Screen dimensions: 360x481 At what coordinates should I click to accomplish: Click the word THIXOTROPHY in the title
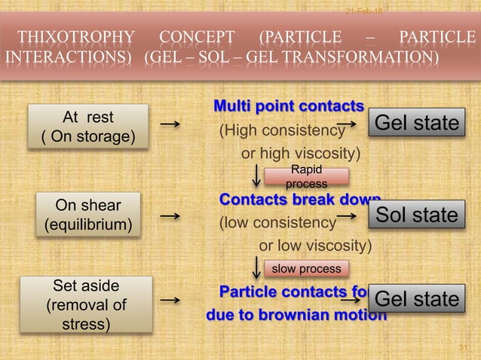(x=76, y=37)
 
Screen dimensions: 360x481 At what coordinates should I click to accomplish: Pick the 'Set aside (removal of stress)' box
(x=87, y=305)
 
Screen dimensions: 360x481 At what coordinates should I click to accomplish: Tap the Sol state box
(x=417, y=214)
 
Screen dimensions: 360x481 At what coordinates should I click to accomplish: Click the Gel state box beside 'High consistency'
(x=417, y=124)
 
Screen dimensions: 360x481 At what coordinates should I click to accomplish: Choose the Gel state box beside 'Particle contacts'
(x=417, y=299)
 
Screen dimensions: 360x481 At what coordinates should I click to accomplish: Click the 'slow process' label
(x=306, y=269)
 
